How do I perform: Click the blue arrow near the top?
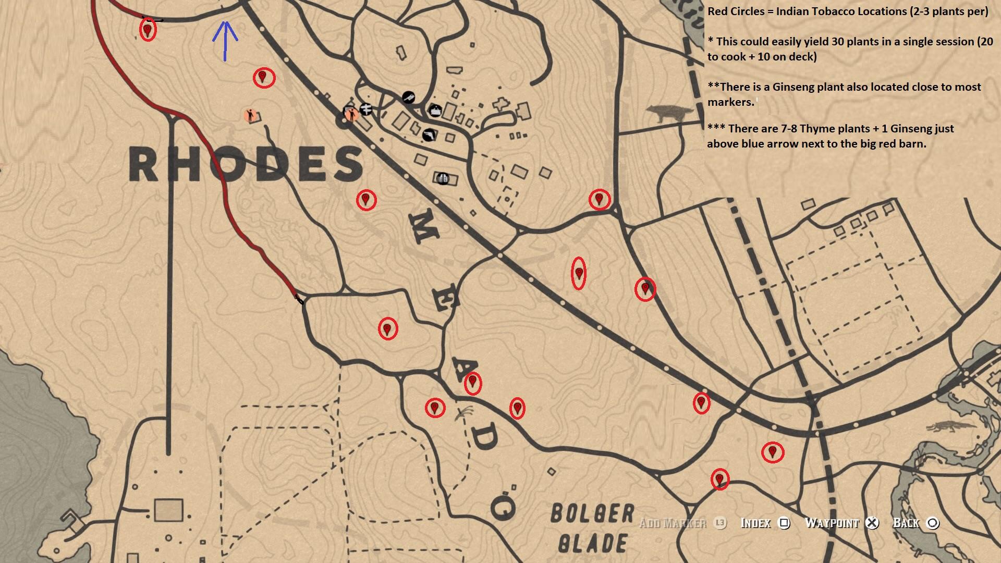(x=225, y=41)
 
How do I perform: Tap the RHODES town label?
(x=246, y=164)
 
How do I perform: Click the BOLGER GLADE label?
(x=593, y=528)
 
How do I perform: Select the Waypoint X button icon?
(x=872, y=523)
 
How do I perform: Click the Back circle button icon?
(x=933, y=523)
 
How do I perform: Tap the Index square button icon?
(x=784, y=523)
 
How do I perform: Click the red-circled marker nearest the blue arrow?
(x=263, y=78)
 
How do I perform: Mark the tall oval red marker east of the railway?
(x=578, y=273)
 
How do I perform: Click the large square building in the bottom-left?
(x=168, y=510)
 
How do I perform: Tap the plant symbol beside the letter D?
(x=463, y=414)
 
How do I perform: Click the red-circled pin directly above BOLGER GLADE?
(x=719, y=479)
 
